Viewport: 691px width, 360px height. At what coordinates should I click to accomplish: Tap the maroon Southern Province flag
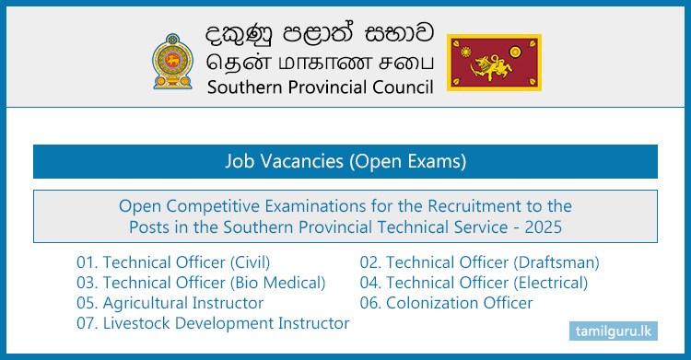[494, 62]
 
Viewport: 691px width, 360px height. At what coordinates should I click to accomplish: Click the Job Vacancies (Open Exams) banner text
[345, 161]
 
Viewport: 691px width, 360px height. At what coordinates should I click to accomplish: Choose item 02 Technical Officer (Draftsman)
[479, 262]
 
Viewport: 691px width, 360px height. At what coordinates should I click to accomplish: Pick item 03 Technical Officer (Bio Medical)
[201, 283]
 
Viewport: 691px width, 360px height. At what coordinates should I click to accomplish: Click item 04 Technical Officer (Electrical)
[474, 283]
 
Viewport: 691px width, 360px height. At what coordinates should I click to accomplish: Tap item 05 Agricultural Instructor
[170, 303]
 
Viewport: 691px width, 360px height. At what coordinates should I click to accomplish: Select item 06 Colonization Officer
[446, 303]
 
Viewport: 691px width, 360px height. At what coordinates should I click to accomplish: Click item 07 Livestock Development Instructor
[213, 323]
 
